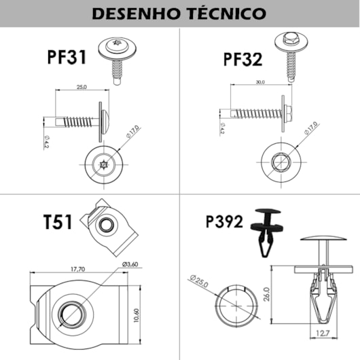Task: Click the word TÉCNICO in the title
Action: pos(225,14)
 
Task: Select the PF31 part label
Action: pos(67,56)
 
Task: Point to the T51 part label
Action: pos(60,223)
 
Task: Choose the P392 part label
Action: pos(225,221)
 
